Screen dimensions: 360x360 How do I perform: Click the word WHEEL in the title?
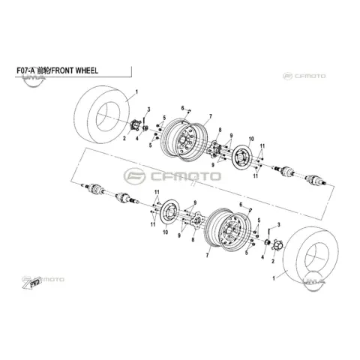86,70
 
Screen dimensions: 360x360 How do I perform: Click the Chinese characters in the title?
43,70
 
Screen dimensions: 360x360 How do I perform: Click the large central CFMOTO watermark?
172,176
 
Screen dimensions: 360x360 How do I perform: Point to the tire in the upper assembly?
103,115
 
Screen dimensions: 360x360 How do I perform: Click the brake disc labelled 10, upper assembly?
242,158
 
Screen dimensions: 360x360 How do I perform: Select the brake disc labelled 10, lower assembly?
169,213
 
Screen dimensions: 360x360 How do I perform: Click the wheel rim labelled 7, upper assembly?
184,139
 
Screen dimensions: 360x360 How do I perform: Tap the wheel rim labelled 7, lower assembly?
228,229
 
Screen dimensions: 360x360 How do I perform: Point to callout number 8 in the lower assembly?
193,240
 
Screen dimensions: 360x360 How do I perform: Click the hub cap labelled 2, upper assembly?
136,125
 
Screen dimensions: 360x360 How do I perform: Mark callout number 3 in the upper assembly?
148,109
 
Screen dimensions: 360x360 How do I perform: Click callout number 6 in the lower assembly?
241,205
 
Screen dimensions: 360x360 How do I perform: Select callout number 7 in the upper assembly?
211,116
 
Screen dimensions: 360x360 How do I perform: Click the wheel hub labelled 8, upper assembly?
214,149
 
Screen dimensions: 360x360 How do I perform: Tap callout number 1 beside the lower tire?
274,278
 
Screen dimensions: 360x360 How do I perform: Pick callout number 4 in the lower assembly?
262,257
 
